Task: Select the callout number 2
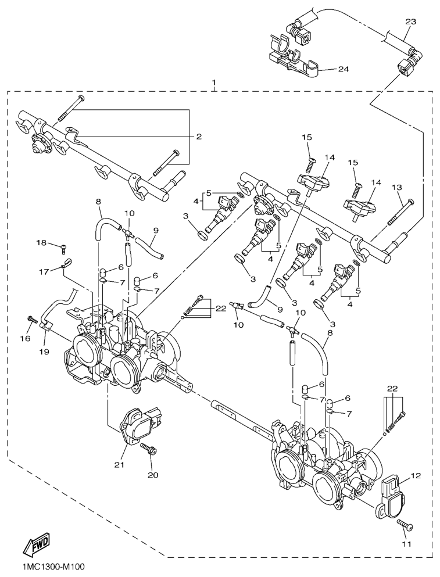point(198,137)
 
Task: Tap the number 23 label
point(410,21)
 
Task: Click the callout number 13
point(397,187)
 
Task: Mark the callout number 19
point(45,351)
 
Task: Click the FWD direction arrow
point(36,545)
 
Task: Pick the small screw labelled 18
point(62,248)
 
